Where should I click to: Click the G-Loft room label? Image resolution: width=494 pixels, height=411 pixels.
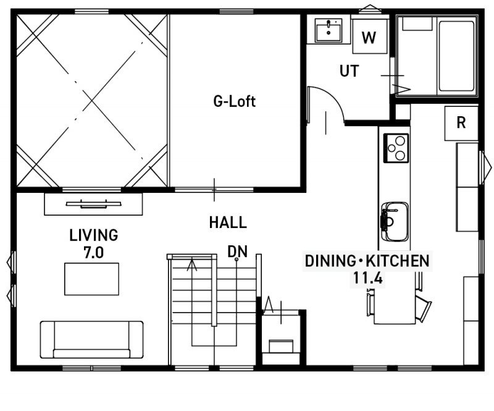[x=234, y=101]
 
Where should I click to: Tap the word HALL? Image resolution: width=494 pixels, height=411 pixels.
[x=228, y=222]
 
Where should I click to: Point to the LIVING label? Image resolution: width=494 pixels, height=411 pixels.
[x=94, y=235]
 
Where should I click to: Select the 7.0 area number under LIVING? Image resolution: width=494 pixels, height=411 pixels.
[x=94, y=253]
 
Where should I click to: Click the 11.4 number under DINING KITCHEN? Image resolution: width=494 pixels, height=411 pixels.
[x=367, y=278]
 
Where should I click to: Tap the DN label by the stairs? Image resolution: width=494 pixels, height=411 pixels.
[x=238, y=252]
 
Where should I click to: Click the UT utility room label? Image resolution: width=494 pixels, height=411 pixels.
[x=349, y=71]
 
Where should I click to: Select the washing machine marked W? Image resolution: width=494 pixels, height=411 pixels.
[x=370, y=36]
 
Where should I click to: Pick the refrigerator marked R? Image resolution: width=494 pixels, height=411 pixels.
[x=461, y=124]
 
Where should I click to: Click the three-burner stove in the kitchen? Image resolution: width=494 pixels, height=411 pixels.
[x=396, y=148]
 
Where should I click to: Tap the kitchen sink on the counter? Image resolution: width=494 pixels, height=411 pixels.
[x=395, y=221]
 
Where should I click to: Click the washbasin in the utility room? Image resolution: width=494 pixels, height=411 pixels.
[x=329, y=30]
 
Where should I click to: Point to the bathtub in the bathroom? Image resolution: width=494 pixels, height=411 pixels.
[x=456, y=56]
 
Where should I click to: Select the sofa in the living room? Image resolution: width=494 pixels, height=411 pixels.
[x=91, y=339]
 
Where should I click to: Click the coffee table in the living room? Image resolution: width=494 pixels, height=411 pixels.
[x=91, y=279]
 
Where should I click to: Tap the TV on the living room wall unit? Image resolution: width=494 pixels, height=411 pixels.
[x=94, y=204]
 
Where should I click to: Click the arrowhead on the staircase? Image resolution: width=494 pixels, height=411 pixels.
[x=192, y=265]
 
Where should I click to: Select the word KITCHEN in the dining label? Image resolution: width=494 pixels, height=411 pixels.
[x=398, y=261]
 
